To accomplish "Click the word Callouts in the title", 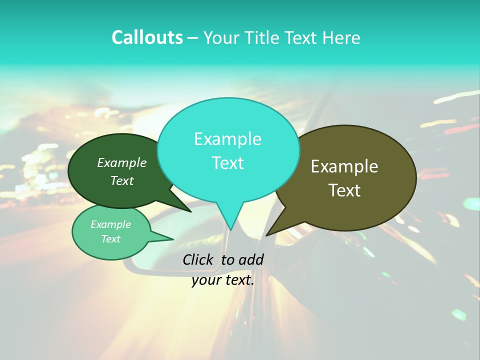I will coord(147,37).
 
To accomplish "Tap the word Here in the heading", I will coord(342,38).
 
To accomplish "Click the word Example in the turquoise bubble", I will coord(227,139).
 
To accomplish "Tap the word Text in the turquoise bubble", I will coord(227,163).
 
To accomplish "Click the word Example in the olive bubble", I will coord(344,166).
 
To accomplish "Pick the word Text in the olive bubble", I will coord(344,190).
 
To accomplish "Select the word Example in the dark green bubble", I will coord(121,163).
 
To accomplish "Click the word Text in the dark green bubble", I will coord(121,181).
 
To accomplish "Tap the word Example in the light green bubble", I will coord(110,224).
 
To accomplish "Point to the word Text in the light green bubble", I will coord(110,239).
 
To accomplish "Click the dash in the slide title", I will coord(193,38).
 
